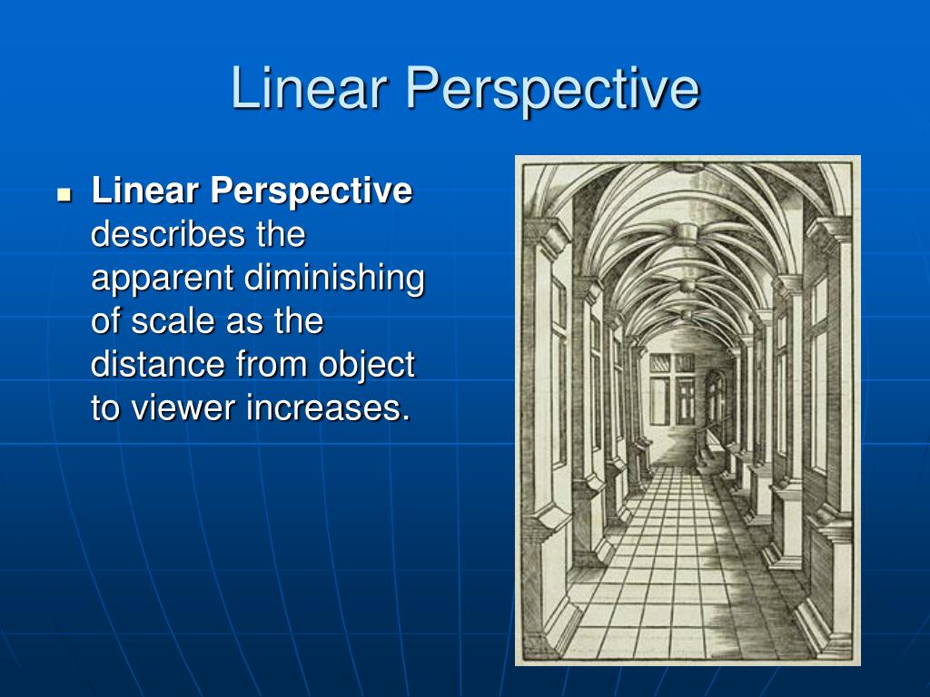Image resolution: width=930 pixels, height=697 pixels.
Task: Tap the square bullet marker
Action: tap(64, 193)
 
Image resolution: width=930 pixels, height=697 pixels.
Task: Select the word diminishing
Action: tap(334, 279)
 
